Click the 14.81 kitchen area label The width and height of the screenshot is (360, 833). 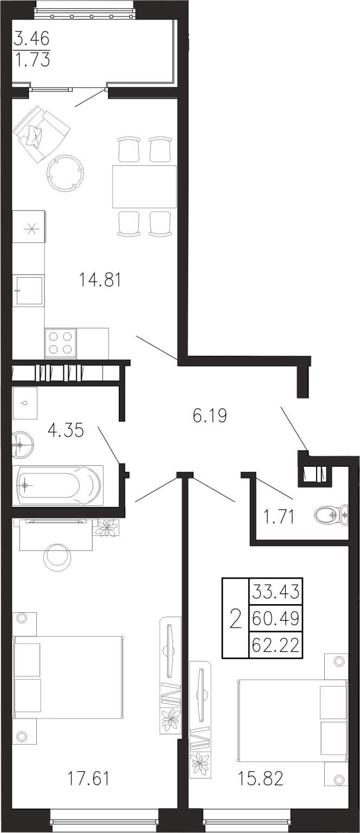pos(100,280)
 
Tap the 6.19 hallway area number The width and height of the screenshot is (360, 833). pos(210,415)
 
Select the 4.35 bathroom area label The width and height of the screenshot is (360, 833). pos(66,430)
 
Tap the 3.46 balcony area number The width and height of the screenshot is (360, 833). pos(31,39)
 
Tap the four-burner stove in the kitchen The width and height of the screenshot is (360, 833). pos(60,344)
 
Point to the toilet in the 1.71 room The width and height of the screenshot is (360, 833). pos(331,515)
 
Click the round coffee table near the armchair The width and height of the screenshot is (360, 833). pos(65,172)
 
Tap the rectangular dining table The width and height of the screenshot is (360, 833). pos(144,187)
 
